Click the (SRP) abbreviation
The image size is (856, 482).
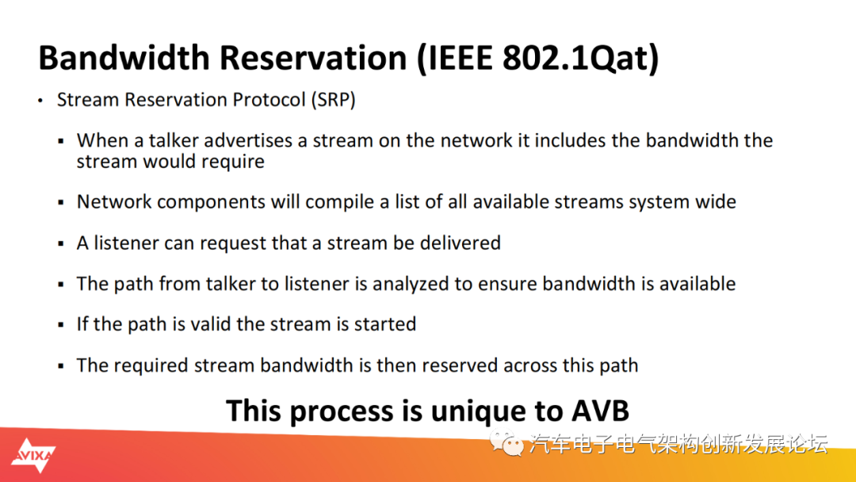(x=333, y=100)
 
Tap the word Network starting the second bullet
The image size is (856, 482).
(x=114, y=201)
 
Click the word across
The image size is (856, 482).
(x=530, y=365)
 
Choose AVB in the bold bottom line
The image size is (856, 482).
(x=600, y=411)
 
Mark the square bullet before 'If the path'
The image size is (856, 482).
(x=61, y=325)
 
